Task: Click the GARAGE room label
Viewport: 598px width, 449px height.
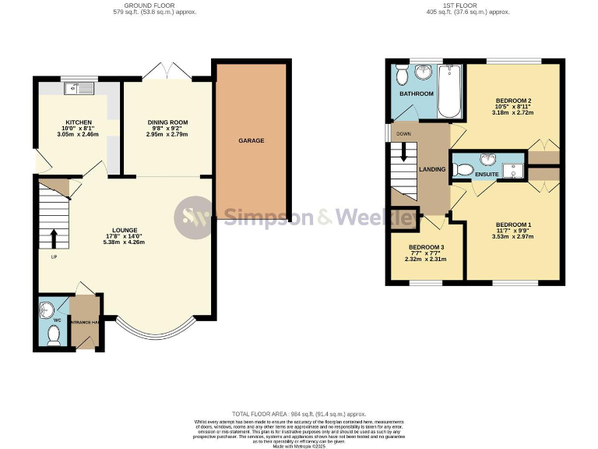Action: (251, 141)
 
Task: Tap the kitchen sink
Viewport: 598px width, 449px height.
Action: (79, 88)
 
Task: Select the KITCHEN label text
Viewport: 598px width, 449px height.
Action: (79, 122)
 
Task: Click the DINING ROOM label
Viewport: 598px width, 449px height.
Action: (167, 122)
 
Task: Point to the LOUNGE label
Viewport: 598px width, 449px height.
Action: (125, 230)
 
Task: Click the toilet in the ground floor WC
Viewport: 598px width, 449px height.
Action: (53, 334)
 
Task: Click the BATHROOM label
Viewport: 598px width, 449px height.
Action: (417, 94)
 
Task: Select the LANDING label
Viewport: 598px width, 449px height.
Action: (432, 169)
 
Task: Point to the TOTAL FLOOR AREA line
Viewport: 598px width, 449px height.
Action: (298, 414)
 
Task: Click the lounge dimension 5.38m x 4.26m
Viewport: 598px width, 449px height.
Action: (125, 242)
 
